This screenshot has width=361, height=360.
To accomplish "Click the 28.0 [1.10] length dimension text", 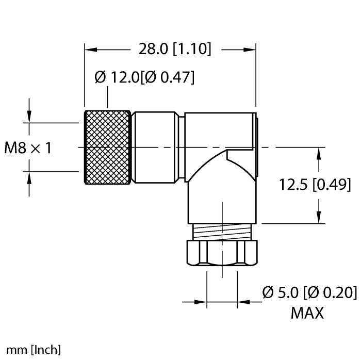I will click(x=175, y=50).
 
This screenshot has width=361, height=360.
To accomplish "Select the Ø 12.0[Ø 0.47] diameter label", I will click(x=144, y=77).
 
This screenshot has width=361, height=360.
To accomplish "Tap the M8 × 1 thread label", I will click(x=28, y=149).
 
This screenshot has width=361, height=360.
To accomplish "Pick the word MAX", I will click(x=308, y=313).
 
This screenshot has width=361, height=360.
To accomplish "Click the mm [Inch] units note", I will click(x=30, y=350).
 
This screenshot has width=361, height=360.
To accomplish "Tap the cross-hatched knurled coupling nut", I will click(x=106, y=148).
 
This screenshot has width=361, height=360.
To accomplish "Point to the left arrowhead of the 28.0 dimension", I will click(x=91, y=50).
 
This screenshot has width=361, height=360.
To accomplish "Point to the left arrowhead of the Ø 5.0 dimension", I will click(x=202, y=301).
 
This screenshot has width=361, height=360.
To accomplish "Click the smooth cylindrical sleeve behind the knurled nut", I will click(x=155, y=148).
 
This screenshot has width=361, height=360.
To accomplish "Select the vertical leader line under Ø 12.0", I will click(x=107, y=98).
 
